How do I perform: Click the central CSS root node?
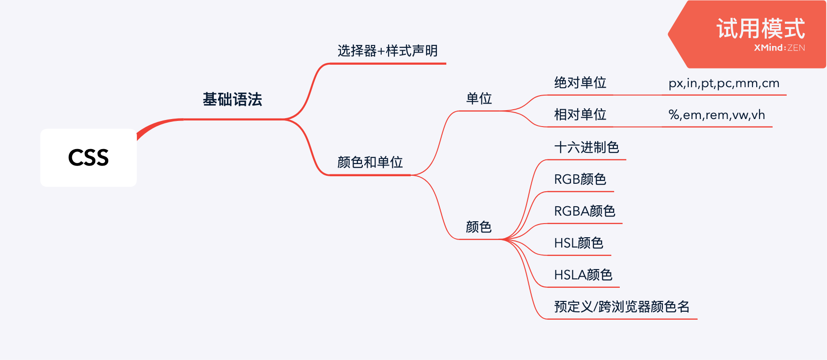[89, 157]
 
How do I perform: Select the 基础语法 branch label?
[232, 99]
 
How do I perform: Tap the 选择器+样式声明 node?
[387, 51]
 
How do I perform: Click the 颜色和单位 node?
[370, 162]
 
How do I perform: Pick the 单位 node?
[479, 98]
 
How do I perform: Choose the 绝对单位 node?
[580, 83]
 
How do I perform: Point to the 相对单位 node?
[580, 115]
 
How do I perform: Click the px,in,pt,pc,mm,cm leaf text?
[723, 83]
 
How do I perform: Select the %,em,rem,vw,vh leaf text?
[716, 115]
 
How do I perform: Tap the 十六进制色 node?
[586, 148]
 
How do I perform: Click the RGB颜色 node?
[580, 180]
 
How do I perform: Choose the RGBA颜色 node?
[584, 211]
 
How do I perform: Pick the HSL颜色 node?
[579, 243]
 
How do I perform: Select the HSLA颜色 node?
[583, 275]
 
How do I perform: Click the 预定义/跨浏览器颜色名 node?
[622, 307]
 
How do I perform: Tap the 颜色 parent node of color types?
[479, 227]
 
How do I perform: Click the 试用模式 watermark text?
[760, 29]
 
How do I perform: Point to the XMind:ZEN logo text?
[779, 48]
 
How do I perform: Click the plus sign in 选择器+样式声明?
[381, 51]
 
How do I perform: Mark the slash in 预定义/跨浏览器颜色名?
[595, 307]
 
